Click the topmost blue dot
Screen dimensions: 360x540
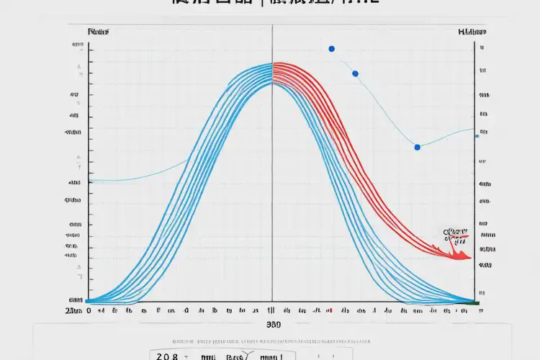pyautogui.click(x=331, y=49)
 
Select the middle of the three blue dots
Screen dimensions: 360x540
pyautogui.click(x=355, y=73)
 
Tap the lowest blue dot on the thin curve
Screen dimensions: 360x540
pyautogui.click(x=417, y=147)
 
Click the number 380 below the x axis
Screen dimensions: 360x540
pyautogui.click(x=273, y=325)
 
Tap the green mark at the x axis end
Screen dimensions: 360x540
pyautogui.click(x=476, y=304)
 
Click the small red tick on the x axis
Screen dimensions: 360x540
pyautogui.click(x=328, y=312)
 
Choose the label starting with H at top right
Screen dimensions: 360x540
pyautogui.click(x=472, y=32)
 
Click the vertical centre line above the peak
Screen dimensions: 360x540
pyautogui.click(x=272, y=43)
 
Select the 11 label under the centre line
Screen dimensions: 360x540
pyautogui.click(x=271, y=312)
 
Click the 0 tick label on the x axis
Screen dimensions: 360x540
pyautogui.click(x=89, y=312)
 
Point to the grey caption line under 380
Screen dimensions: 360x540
pyautogui.click(x=273, y=338)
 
